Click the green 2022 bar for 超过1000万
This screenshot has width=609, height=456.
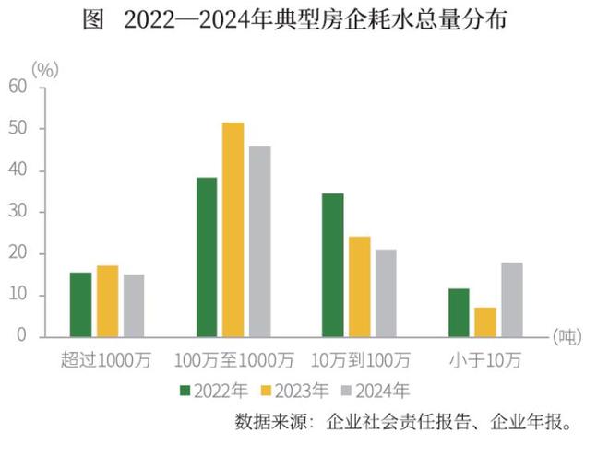pos(81,304)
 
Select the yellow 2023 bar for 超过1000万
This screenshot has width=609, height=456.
pos(108,301)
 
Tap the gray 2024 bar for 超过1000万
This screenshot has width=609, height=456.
pos(134,305)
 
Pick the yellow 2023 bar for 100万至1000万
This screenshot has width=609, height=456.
pos(233,229)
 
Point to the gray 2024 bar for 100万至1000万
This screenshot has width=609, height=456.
pos(259,241)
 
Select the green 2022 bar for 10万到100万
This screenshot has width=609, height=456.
pos(332,264)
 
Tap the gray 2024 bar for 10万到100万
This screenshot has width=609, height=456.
pos(385,292)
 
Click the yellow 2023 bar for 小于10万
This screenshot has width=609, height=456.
pos(485,322)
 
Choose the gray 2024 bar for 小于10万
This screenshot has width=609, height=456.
pos(511,299)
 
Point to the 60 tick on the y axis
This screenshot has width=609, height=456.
pos(18,87)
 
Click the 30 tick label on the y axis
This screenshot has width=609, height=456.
pos(18,211)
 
